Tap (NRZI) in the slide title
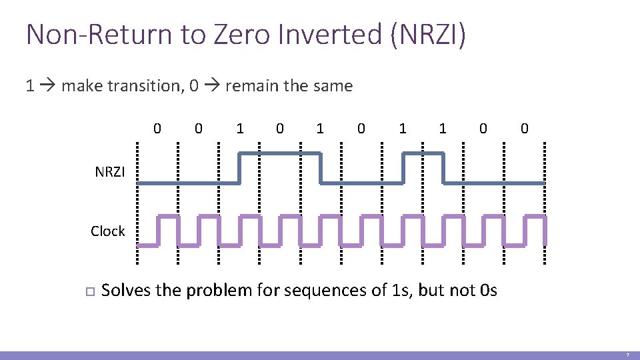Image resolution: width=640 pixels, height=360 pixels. coord(428,34)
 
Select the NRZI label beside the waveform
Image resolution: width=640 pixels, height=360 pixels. coord(110,172)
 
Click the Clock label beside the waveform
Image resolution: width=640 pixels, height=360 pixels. coord(108,231)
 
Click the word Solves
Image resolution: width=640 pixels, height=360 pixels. coord(125,291)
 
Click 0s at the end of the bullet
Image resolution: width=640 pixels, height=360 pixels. coord(487,291)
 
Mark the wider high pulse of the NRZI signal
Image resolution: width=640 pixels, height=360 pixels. coord(280,154)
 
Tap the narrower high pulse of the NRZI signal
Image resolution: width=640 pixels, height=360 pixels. coord(423,154)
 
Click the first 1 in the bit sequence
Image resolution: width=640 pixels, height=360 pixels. coord(239,127)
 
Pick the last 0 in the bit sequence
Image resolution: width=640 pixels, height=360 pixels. coord(524,127)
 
